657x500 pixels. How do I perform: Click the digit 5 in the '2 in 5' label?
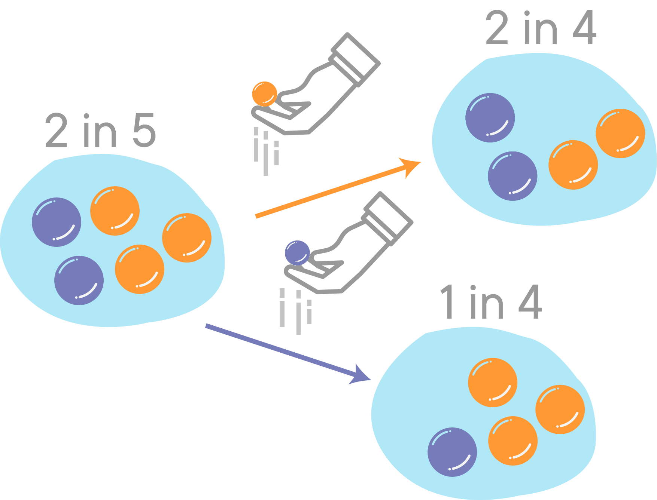[x=144, y=130]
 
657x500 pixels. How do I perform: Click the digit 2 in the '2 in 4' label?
[x=497, y=28]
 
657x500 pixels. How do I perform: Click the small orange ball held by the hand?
[x=264, y=94]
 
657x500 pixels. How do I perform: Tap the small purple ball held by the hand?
[x=297, y=253]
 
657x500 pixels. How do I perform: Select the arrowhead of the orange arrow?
[x=412, y=166]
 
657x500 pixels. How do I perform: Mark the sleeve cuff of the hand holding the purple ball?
[x=389, y=219]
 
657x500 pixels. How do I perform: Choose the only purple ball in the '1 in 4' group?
[x=452, y=452]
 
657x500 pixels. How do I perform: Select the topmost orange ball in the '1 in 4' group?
[x=493, y=382]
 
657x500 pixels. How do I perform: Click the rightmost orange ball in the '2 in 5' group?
[x=186, y=238]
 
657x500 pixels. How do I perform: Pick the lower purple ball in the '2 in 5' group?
[x=79, y=280]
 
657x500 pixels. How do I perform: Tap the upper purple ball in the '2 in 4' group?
[x=490, y=117]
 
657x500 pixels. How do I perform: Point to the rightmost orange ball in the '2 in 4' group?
[x=620, y=134]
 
